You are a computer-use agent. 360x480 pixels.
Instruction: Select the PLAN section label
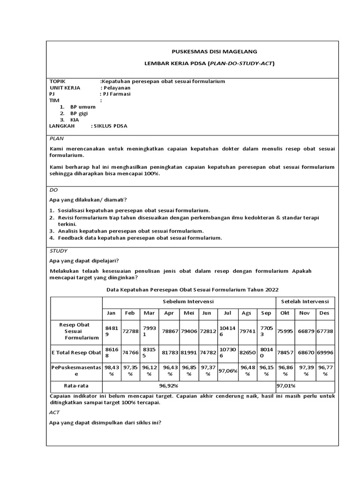(x=57, y=139)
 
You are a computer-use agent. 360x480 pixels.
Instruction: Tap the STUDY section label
(x=59, y=251)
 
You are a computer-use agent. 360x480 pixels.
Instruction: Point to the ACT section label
(x=54, y=412)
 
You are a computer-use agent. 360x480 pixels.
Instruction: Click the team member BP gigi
(x=79, y=113)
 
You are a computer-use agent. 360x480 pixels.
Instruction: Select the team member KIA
(x=75, y=120)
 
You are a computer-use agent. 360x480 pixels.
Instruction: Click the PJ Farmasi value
(x=117, y=94)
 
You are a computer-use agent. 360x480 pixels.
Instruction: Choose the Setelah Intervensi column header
(x=305, y=301)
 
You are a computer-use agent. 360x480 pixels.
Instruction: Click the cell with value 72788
(x=131, y=331)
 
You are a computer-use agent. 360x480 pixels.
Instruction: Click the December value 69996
(x=324, y=352)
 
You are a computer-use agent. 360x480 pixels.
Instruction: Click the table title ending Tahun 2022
(x=192, y=290)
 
